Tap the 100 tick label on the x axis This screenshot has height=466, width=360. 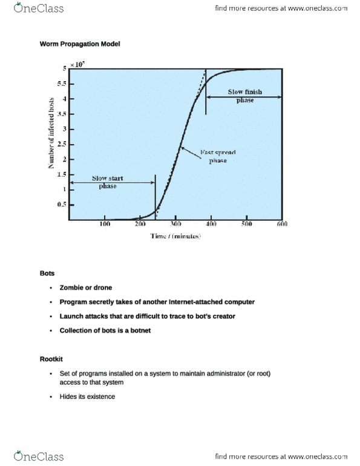[x=105, y=225]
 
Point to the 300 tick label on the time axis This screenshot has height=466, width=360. [x=176, y=225]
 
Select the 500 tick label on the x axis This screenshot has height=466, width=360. [x=246, y=225]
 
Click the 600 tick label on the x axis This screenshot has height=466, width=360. [x=281, y=225]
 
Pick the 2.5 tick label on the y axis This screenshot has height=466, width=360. [x=62, y=144]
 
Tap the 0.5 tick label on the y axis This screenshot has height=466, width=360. [x=62, y=205]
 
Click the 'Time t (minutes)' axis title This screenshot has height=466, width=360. [x=175, y=237]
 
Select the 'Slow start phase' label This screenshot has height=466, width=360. [x=108, y=182]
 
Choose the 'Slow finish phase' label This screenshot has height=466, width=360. [x=244, y=96]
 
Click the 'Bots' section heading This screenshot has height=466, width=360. [x=47, y=274]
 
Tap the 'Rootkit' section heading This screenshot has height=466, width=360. [x=51, y=360]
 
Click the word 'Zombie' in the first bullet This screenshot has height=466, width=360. [x=72, y=287]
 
